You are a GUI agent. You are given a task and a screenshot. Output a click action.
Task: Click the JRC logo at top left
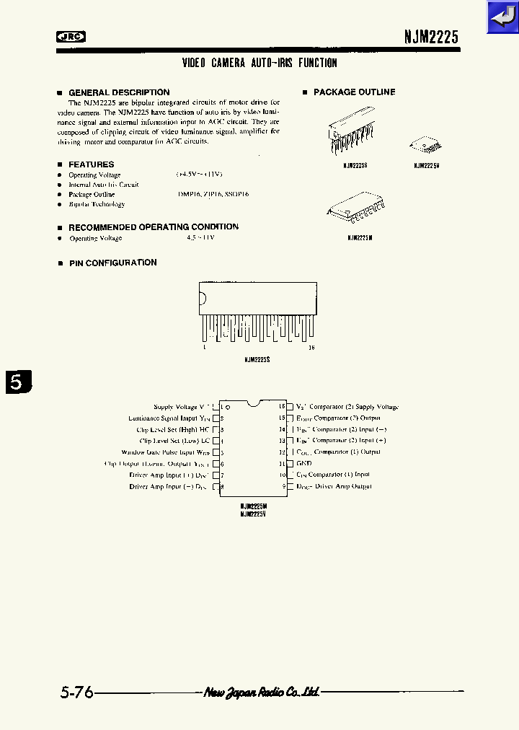point(71,37)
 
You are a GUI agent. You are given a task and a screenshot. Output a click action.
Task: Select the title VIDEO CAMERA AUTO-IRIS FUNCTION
point(259,63)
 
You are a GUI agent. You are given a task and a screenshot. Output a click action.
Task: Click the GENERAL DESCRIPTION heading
point(119,92)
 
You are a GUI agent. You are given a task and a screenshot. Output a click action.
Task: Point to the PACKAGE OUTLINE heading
point(354,92)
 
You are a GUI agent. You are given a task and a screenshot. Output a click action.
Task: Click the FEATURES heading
point(91,164)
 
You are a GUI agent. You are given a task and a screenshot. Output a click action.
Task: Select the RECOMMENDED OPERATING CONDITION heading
point(153,227)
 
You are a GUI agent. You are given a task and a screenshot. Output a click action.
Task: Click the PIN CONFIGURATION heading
point(112,263)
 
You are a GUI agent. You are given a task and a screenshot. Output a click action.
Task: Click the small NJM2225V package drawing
point(426,145)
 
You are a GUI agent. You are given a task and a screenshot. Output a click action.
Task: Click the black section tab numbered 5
point(19,382)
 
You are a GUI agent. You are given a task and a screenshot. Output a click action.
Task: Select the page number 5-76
point(77,692)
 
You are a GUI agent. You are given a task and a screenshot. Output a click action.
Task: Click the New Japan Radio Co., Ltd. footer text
point(262,692)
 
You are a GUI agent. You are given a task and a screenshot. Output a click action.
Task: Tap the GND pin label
point(303,463)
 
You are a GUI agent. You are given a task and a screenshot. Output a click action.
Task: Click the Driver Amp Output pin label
point(334,486)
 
